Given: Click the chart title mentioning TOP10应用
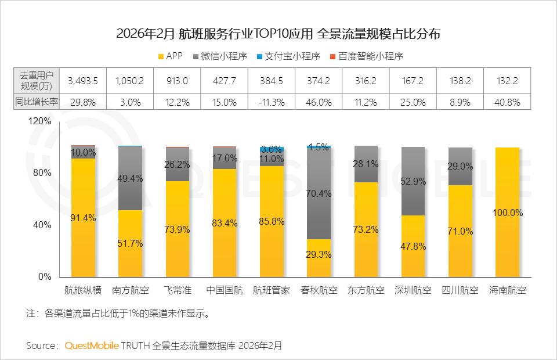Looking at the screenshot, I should point(278,33).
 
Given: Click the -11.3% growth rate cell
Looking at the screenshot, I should point(270,102).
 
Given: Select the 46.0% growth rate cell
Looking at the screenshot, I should point(318,102).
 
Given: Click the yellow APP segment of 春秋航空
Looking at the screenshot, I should point(318,258).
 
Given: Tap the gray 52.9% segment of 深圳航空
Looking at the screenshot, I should point(413,181).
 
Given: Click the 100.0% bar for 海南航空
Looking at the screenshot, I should point(508,213).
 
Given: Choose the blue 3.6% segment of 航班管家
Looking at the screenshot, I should point(271,149).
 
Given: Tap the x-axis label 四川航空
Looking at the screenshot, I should point(460,290).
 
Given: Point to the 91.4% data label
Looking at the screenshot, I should point(82,218).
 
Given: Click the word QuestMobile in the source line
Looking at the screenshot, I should point(92,345).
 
